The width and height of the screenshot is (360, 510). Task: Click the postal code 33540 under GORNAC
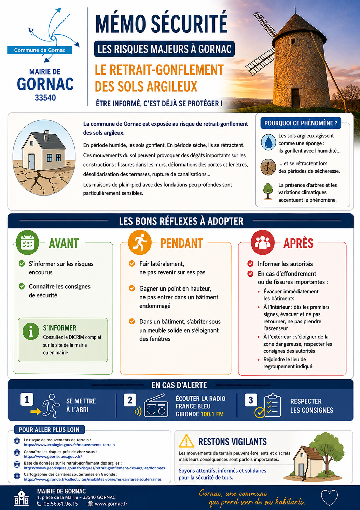tap(45, 98)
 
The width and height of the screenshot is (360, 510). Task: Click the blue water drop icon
tap(268, 142)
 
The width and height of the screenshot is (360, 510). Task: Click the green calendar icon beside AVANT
tap(27, 242)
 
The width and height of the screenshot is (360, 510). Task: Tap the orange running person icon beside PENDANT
tap(140, 242)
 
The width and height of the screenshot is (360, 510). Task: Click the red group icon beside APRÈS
tap(262, 242)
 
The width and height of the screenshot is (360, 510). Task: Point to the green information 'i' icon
tap(31, 331)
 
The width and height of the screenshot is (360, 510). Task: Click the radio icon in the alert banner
tap(156, 406)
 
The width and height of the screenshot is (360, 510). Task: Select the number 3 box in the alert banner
tap(250, 400)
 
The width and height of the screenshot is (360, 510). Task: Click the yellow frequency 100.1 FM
tap(212, 414)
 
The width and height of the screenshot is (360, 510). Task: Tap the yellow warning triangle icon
tap(186, 441)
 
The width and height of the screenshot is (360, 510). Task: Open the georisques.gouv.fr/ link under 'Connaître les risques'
tap(53, 456)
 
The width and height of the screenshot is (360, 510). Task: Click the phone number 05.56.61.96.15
tap(61, 504)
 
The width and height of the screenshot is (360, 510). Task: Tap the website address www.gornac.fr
tap(111, 504)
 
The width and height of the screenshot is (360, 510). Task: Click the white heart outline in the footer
tap(329, 497)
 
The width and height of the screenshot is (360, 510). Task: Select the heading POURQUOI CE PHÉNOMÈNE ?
tap(301, 123)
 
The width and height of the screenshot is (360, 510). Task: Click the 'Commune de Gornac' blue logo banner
tap(40, 50)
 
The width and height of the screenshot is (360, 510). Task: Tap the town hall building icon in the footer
tap(22, 498)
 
